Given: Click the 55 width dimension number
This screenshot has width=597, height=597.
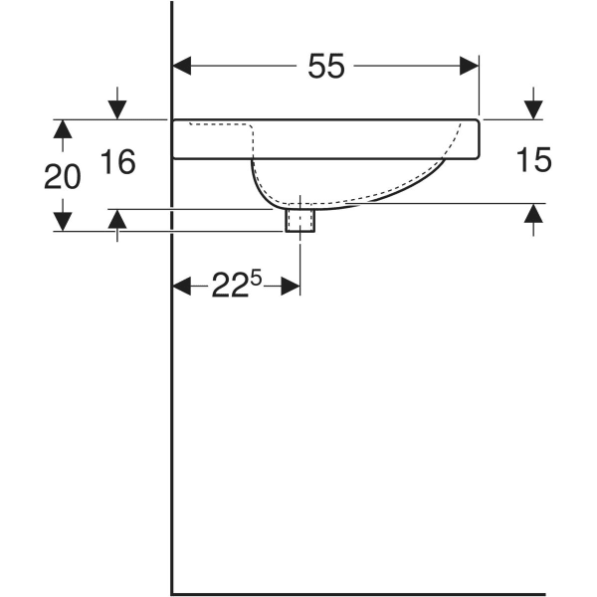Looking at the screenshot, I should [x=325, y=67].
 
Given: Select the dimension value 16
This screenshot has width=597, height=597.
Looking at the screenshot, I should [x=118, y=161].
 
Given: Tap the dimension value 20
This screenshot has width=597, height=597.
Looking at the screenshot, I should [x=62, y=176].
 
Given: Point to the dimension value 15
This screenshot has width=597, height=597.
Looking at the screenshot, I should [x=534, y=160].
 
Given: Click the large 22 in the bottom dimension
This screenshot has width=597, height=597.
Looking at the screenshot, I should [x=228, y=287].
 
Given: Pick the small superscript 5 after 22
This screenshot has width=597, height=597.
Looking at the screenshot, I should [x=256, y=279].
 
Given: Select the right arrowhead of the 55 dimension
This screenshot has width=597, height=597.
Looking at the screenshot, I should [x=470, y=67].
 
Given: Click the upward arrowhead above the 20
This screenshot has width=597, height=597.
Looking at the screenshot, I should [x=62, y=127].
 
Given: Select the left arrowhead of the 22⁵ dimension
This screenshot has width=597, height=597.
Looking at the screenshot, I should [x=182, y=287].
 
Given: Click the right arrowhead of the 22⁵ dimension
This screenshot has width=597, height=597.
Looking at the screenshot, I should [x=291, y=287].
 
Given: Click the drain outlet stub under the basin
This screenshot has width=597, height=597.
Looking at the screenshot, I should [x=299, y=220].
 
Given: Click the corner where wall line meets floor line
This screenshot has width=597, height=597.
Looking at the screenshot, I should [x=173, y=593].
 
